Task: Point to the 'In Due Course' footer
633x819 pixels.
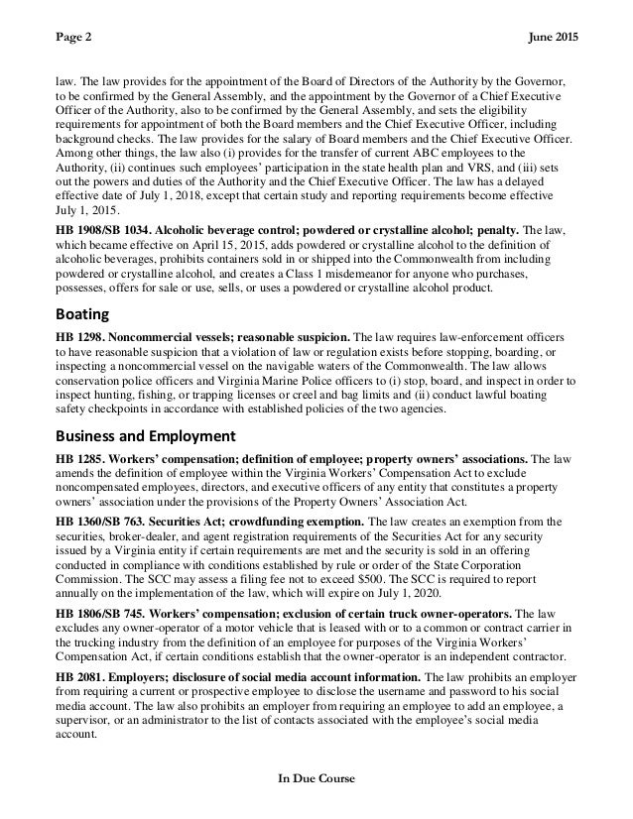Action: tap(316, 778)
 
